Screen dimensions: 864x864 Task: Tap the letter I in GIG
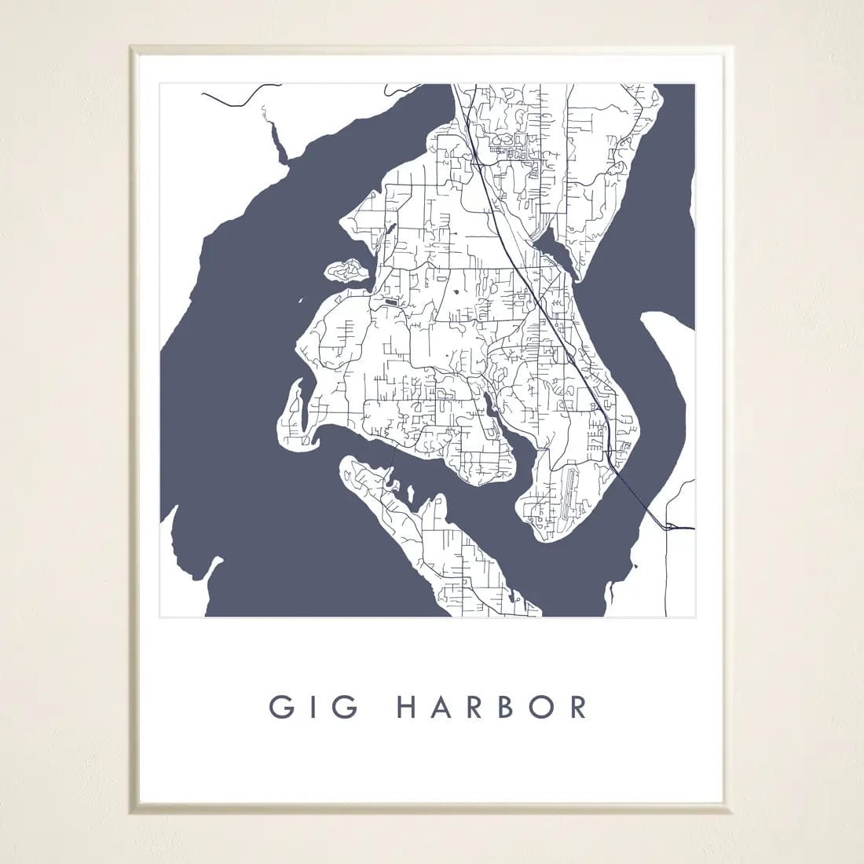point(313,707)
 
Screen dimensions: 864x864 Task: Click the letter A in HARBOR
point(445,707)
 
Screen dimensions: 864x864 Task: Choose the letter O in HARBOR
point(544,707)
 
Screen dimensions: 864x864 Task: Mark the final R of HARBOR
point(580,707)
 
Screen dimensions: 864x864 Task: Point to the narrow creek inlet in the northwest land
point(276,145)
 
